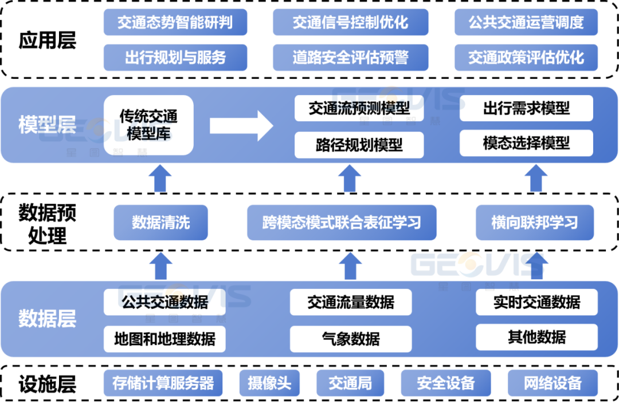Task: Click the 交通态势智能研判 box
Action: [175, 22]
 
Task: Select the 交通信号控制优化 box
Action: [351, 22]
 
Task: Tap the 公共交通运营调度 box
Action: [526, 22]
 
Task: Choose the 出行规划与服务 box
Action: [175, 58]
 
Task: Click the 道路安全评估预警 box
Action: [351, 58]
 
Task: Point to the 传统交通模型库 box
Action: [148, 125]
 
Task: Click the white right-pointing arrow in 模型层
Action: [241, 126]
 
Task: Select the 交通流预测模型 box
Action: [359, 108]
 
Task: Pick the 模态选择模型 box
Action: [526, 143]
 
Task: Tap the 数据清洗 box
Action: [160, 223]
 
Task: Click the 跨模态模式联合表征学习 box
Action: [342, 223]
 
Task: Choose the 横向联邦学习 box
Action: [535, 223]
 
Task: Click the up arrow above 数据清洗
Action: [160, 179]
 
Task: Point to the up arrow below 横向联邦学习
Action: [537, 266]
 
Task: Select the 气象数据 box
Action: [351, 339]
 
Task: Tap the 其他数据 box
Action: [537, 337]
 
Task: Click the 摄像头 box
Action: [269, 383]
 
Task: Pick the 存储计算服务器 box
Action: [163, 383]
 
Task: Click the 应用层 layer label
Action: [48, 40]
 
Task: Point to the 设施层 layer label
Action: [48, 384]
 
